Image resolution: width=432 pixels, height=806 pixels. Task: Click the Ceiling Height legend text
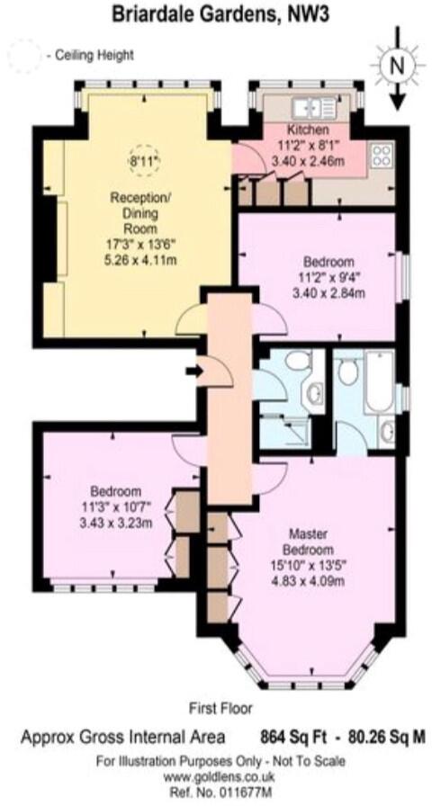93,55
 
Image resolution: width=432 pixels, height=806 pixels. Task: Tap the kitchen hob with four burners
381,158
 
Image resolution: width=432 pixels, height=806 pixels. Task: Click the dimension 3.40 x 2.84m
318,292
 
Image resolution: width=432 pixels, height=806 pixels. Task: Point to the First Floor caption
220,708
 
